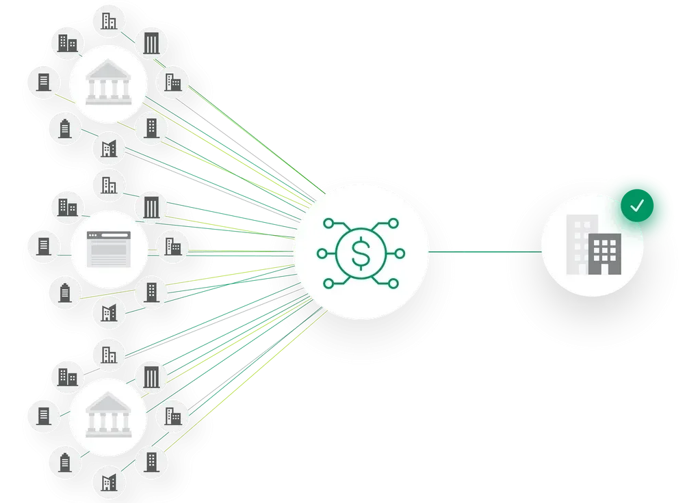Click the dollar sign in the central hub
[360, 253]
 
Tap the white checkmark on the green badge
[637, 206]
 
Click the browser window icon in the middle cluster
[109, 249]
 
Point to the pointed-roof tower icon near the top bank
[65, 128]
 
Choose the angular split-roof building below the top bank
[109, 148]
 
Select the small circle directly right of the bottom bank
[173, 416]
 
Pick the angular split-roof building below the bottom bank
[109, 482]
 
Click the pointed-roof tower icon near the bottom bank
[65, 463]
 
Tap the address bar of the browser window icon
[109, 237]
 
